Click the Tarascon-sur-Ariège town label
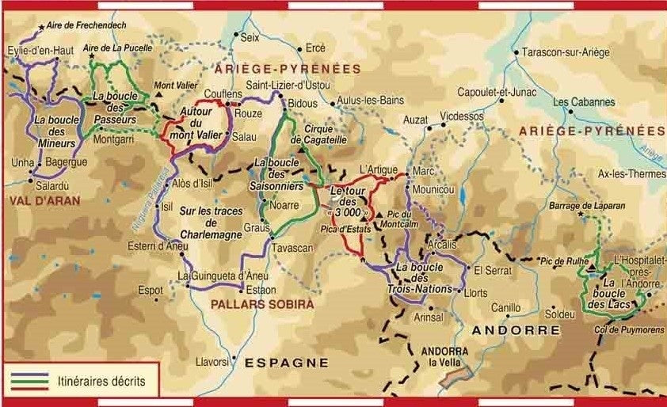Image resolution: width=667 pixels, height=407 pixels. tap(566, 53)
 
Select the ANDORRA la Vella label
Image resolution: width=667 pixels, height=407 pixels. tap(444, 357)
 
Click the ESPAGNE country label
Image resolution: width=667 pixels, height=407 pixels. tap(286, 363)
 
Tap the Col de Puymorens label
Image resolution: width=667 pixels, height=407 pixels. tap(624, 319)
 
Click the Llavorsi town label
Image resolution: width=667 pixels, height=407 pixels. tap(212, 362)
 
